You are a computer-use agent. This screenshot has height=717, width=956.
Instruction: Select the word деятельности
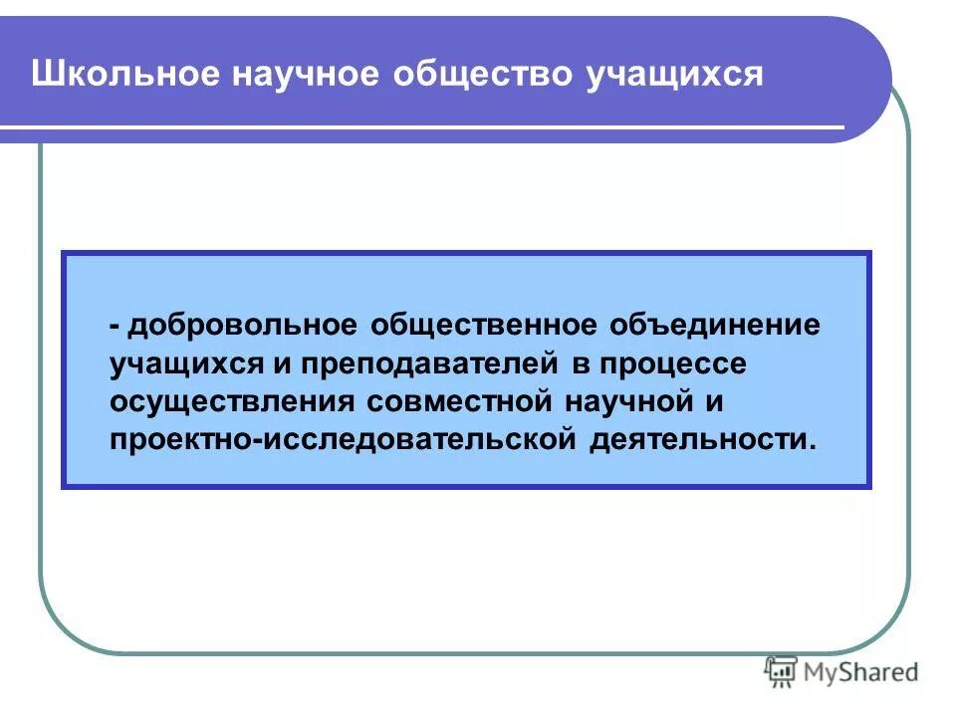click(702, 439)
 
